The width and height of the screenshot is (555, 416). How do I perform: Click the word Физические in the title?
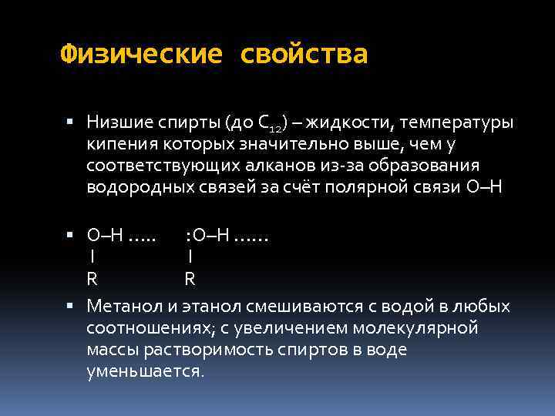pos(141,55)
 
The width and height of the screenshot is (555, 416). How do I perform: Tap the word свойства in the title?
pos(304,55)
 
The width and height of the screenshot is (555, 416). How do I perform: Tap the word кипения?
pos(119,144)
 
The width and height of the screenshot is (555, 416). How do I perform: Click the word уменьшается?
pos(146,371)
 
